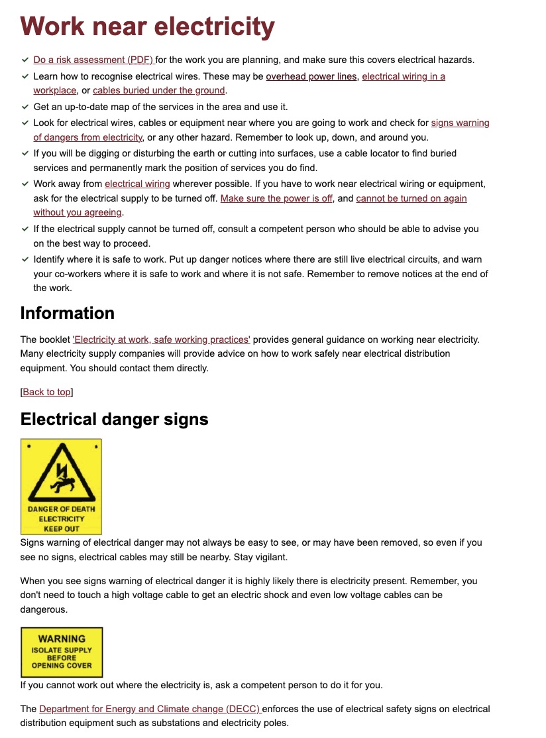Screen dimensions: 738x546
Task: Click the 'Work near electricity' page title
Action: point(147,27)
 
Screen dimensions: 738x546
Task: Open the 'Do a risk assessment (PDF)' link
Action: point(93,60)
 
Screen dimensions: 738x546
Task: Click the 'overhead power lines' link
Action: point(311,76)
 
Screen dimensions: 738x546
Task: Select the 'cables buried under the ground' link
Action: point(159,90)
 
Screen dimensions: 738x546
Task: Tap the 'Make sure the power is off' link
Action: point(276,198)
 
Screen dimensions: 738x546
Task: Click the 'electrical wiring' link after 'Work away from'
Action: point(137,184)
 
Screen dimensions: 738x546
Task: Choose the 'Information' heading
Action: point(68,313)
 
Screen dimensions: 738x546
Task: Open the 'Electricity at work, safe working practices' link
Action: point(161,339)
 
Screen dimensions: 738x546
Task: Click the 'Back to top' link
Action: point(46,392)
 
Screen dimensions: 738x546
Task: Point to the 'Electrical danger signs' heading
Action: point(115,419)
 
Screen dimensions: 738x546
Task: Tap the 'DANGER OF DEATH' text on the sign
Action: point(62,509)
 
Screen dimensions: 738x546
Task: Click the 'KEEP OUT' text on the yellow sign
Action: point(62,528)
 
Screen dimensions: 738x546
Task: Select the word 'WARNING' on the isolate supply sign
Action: point(62,639)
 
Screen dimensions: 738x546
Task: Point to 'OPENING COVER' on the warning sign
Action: point(62,666)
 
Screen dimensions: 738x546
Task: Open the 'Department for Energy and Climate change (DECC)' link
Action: point(150,709)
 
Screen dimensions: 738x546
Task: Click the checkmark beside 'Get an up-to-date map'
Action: point(25,106)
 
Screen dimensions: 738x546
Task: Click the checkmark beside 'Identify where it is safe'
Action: point(25,259)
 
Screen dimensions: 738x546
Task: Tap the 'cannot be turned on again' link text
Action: point(411,198)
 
